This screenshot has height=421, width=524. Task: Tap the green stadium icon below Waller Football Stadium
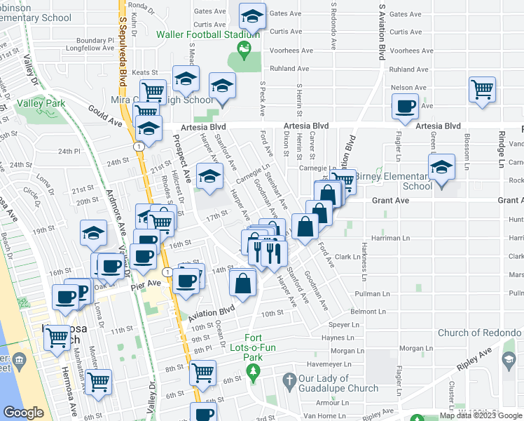pos(244,49)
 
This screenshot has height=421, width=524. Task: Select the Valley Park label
pos(41,103)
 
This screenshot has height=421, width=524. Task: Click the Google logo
pos(23,413)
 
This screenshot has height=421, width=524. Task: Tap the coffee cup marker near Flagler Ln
pos(406,107)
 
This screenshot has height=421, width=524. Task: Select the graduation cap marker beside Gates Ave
pos(252,15)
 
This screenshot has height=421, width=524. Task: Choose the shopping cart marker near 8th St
pos(203,371)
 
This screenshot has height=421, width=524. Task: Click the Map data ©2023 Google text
pos(481,415)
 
